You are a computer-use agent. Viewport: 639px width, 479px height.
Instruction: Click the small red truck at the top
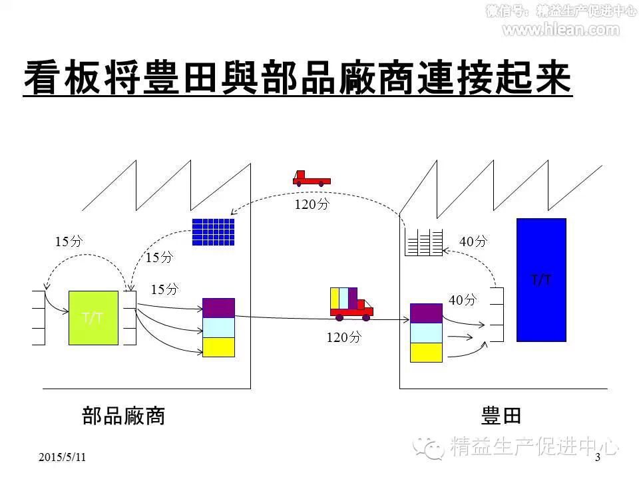coord(311,177)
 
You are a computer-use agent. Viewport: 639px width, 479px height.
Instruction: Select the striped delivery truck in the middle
coord(351,303)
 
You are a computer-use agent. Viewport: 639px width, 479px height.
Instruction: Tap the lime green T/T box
coord(93,317)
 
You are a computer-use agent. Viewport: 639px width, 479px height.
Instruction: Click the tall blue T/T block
coord(541,279)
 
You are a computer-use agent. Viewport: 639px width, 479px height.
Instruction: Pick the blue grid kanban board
coord(213,232)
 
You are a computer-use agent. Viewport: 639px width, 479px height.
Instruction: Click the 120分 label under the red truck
coord(312,204)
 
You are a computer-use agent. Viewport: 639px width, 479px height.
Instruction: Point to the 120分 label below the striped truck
coord(343,337)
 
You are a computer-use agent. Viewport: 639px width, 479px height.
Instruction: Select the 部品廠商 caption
coord(123,416)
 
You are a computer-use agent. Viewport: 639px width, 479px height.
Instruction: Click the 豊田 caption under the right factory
coord(501,416)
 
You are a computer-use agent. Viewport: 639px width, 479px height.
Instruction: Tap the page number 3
coord(597,457)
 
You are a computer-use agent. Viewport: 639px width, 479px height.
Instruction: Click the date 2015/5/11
coord(63,457)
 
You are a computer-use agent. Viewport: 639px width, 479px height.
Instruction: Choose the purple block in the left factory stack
coord(218,308)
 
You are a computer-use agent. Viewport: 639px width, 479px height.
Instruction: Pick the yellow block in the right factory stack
coord(426,353)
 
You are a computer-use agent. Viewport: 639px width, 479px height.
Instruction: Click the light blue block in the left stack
coord(218,327)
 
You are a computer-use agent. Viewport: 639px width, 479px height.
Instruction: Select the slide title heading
coord(298,78)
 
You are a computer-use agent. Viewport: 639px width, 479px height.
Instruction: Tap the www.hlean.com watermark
coord(560,29)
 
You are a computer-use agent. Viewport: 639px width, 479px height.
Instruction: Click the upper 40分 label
coord(473,241)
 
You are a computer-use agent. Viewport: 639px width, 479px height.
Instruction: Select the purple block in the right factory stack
coord(426,313)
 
